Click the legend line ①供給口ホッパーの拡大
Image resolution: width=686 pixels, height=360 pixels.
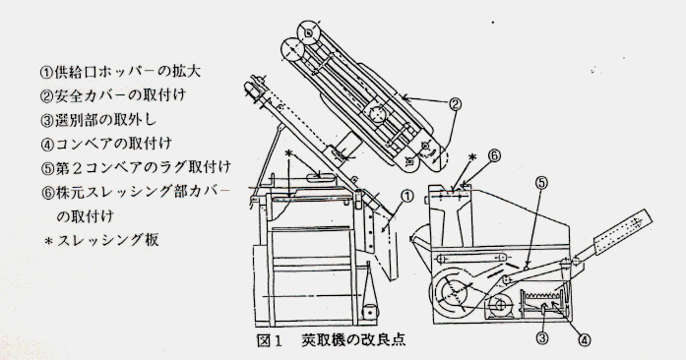(120, 72)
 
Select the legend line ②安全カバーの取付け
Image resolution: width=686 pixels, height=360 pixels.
(113, 95)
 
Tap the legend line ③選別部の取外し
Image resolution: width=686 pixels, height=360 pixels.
(98, 119)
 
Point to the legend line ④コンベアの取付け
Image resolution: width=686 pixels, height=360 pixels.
(106, 143)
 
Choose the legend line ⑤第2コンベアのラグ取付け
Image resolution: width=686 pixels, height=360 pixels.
(135, 167)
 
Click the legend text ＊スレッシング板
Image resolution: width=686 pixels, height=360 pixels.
(101, 240)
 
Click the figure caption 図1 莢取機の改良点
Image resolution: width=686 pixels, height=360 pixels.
(331, 340)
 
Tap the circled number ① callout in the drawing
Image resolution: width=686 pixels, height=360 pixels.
(406, 197)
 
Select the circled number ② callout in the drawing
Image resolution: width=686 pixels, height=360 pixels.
(455, 103)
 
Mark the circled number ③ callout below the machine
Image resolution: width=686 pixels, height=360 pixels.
(542, 337)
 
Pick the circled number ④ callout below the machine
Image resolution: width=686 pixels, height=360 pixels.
(585, 340)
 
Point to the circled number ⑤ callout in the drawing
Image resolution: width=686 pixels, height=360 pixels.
(541, 182)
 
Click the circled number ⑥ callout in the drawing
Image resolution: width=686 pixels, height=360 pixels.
(494, 155)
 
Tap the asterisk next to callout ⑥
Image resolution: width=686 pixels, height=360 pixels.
(472, 157)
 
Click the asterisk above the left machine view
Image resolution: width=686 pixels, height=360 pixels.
(287, 154)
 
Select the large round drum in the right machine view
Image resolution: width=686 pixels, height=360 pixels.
(454, 291)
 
